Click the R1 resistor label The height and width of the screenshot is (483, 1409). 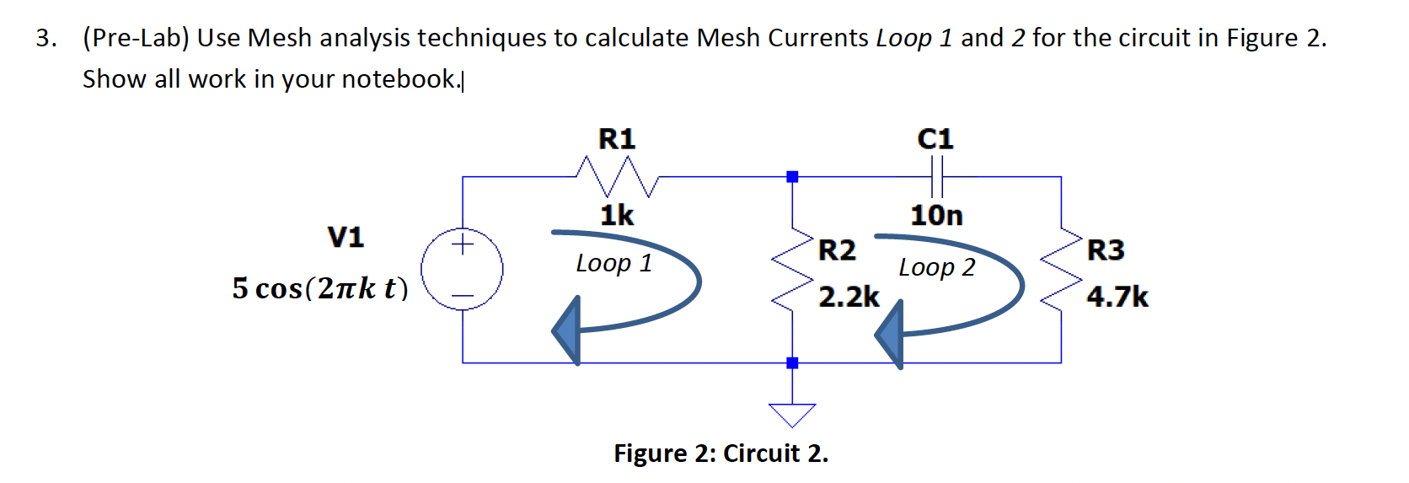point(617,139)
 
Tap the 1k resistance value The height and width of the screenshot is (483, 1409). point(617,216)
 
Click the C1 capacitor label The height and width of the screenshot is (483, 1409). point(935,139)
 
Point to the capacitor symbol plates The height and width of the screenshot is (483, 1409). point(935,177)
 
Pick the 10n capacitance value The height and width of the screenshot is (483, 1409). point(936,216)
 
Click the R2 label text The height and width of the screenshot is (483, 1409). point(837,250)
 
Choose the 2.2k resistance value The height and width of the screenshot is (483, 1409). point(849,297)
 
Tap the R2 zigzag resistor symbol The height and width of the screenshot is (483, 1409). point(792,269)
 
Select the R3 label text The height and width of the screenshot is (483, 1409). point(1106,250)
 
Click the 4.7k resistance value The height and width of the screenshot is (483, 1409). point(1117,297)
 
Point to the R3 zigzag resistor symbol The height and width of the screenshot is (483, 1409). point(1060,269)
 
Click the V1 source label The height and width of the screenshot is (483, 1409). point(346,238)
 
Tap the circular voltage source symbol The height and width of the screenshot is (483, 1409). point(463,270)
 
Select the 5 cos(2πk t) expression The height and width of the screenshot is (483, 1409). point(320,288)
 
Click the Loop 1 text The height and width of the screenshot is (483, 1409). point(613,263)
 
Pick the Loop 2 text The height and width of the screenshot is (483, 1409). point(936,267)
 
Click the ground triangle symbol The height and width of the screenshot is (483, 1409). point(792,414)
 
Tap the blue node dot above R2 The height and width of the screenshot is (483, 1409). point(792,177)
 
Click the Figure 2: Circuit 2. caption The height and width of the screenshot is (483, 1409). point(721,453)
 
